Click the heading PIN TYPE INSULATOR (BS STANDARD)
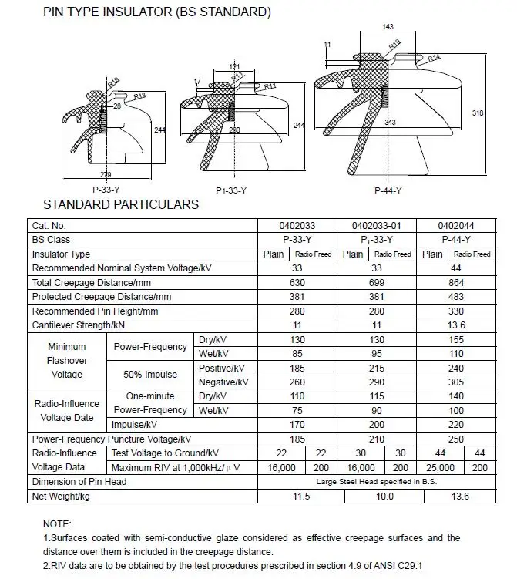146,12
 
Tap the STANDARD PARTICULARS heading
121,205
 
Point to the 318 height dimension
477,113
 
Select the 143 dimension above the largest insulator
388,26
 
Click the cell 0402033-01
376,226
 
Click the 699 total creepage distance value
376,283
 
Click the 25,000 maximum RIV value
439,468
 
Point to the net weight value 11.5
297,497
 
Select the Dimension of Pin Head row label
79,482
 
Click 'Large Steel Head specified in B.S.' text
376,482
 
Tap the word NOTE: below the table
57,523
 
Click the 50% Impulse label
150,375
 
